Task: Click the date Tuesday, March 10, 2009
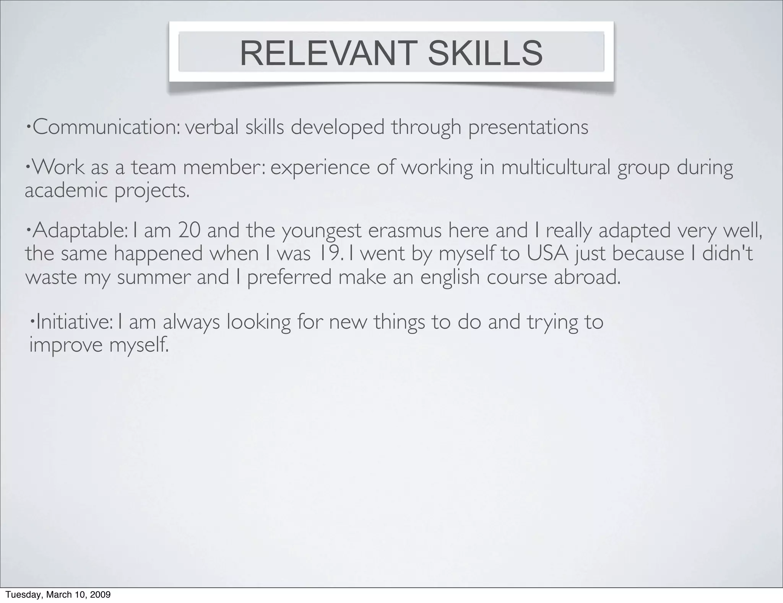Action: (x=58, y=594)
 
